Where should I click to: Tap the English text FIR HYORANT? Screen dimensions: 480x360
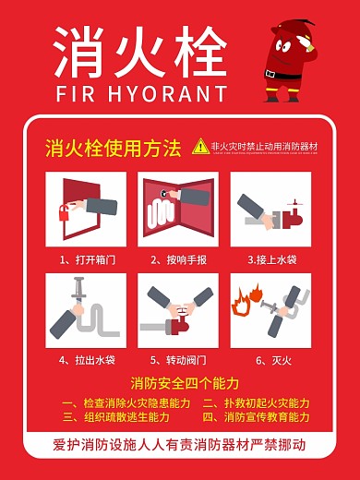click(140, 93)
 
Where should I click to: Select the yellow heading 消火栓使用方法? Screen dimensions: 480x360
click(113, 148)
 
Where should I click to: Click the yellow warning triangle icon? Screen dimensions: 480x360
click(200, 146)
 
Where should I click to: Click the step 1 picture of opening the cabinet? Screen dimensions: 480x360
click(86, 209)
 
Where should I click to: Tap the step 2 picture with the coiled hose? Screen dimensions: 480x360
click(178, 209)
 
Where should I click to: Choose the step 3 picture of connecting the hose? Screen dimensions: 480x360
click(270, 209)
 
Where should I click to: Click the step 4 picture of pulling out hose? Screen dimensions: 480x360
click(86, 309)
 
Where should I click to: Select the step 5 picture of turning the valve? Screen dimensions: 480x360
click(178, 309)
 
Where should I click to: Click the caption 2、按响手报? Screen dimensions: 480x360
click(179, 259)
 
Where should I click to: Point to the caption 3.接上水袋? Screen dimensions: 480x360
click(271, 259)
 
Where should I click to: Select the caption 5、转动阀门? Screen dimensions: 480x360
click(179, 359)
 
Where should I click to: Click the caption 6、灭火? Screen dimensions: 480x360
click(271, 359)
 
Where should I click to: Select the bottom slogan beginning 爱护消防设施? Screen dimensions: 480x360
click(179, 445)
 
